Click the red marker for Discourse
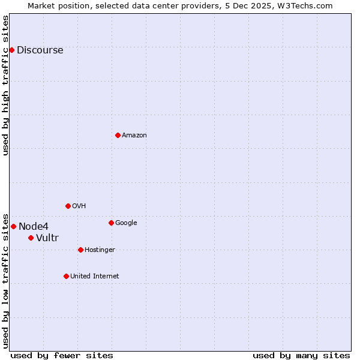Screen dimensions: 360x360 click(x=11, y=50)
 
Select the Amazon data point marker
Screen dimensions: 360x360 click(x=118, y=135)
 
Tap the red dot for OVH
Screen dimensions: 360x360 click(x=68, y=206)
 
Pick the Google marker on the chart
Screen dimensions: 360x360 click(x=111, y=223)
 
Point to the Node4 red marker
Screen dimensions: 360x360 click(x=13, y=226)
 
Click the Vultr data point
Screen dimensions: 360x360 click(x=31, y=238)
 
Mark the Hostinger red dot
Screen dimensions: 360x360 click(x=80, y=250)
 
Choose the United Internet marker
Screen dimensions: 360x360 click(x=66, y=276)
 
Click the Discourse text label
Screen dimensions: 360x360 click(x=40, y=50)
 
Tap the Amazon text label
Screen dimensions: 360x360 click(x=134, y=136)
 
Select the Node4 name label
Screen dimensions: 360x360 click(x=34, y=226)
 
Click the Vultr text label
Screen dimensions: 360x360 click(x=47, y=238)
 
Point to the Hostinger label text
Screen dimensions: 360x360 click(x=100, y=250)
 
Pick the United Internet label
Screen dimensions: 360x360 click(x=95, y=276)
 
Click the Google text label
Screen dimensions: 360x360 click(x=126, y=223)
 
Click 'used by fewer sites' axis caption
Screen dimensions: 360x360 click(x=62, y=355)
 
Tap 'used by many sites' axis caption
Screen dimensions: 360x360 click(x=301, y=355)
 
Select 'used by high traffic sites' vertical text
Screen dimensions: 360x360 click(x=5, y=85)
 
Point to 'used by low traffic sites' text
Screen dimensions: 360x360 click(x=5, y=280)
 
